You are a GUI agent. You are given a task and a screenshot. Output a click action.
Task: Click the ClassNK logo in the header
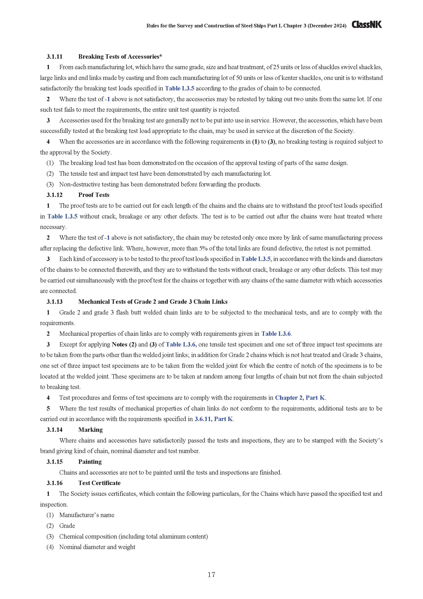pyautogui.click(x=366, y=25)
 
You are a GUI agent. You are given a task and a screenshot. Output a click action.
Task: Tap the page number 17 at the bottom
pyautogui.click(x=211, y=574)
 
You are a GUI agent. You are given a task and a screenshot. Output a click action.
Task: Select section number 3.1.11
pyautogui.click(x=54, y=57)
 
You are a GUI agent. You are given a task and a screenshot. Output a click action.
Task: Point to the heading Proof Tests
pyautogui.click(x=94, y=195)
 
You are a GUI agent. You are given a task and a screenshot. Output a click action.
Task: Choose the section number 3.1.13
pyautogui.click(x=54, y=302)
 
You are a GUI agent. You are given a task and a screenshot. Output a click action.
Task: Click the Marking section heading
pyautogui.click(x=90, y=430)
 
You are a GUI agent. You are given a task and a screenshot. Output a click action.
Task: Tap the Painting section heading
pyautogui.click(x=90, y=461)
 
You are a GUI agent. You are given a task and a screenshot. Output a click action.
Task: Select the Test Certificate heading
pyautogui.click(x=99, y=483)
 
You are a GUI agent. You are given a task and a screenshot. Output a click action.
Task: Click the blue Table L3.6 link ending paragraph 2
pyautogui.click(x=276, y=334)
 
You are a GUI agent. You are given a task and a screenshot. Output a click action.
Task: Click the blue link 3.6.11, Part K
pyautogui.click(x=214, y=419)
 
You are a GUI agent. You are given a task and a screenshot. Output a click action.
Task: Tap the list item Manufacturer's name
pyautogui.click(x=87, y=515)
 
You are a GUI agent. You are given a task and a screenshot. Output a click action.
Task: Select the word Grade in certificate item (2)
pyautogui.click(x=67, y=526)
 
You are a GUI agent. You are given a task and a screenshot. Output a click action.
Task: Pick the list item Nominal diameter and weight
pyautogui.click(x=97, y=547)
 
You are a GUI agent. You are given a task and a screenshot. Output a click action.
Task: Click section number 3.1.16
pyautogui.click(x=54, y=483)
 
